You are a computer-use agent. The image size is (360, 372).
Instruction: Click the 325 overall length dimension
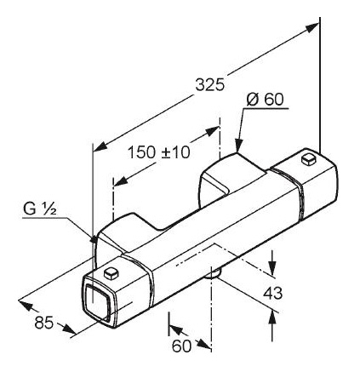[210, 85]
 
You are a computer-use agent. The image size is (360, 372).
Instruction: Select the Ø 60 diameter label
[266, 100]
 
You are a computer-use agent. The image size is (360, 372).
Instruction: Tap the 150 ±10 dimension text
[159, 152]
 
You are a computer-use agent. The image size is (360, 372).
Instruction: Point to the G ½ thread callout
[40, 209]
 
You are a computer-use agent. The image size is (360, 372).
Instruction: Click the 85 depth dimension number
[44, 323]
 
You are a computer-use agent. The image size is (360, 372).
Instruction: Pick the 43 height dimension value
[273, 293]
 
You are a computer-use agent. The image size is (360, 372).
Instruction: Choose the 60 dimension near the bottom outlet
[181, 346]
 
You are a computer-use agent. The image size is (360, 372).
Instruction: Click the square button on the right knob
[309, 159]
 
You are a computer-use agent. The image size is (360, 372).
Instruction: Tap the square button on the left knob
[111, 273]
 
